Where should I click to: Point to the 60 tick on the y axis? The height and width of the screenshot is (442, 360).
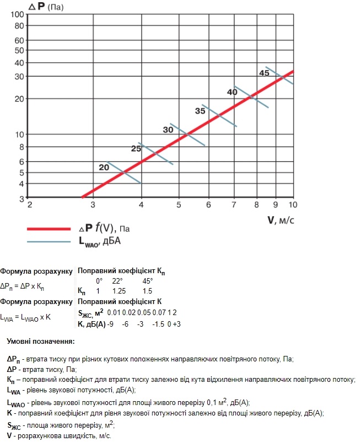click(20, 40)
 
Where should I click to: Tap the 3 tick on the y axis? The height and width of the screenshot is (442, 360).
click(22, 198)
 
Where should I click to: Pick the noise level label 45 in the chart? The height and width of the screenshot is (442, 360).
click(264, 73)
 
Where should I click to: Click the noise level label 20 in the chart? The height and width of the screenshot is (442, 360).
click(104, 167)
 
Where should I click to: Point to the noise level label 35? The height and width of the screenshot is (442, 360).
click(200, 111)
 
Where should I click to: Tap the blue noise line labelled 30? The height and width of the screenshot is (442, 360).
click(188, 134)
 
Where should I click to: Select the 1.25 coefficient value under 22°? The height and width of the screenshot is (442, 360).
click(119, 291)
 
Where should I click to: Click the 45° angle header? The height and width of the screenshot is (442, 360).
click(147, 281)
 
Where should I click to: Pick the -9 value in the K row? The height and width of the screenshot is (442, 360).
click(111, 324)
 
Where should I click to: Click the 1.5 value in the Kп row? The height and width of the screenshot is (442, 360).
click(147, 291)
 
